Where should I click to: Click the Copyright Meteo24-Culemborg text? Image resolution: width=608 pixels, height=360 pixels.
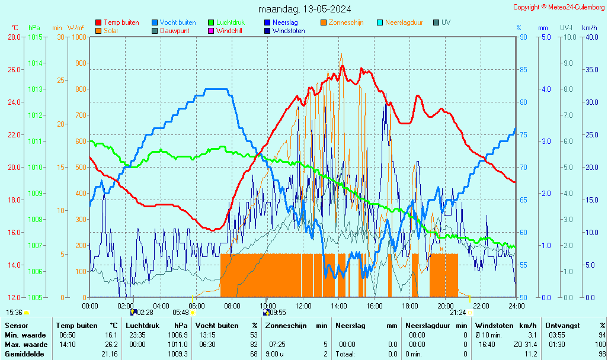[558, 7]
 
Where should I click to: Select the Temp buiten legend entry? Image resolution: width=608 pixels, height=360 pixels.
[121, 22]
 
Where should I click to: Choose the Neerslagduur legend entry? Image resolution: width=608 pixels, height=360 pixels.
[404, 22]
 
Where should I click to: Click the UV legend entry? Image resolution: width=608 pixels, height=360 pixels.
[446, 22]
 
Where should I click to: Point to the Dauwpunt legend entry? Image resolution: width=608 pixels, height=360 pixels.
[174, 31]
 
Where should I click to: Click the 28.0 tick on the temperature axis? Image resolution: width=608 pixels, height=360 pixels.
[15, 37]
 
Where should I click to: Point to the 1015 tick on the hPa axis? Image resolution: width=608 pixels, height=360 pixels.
[35, 37]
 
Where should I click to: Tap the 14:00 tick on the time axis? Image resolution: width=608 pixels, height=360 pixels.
[338, 306]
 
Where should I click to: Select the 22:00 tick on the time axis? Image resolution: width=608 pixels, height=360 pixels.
[481, 306]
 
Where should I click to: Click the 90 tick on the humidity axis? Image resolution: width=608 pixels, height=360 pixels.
[523, 37]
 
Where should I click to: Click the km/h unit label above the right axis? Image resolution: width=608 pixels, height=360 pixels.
[589, 28]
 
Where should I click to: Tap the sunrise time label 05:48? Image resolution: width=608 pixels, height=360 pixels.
[180, 312]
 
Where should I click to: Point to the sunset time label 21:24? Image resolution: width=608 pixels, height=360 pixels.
[457, 312]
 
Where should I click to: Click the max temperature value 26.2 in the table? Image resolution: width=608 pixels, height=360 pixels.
[111, 344]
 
